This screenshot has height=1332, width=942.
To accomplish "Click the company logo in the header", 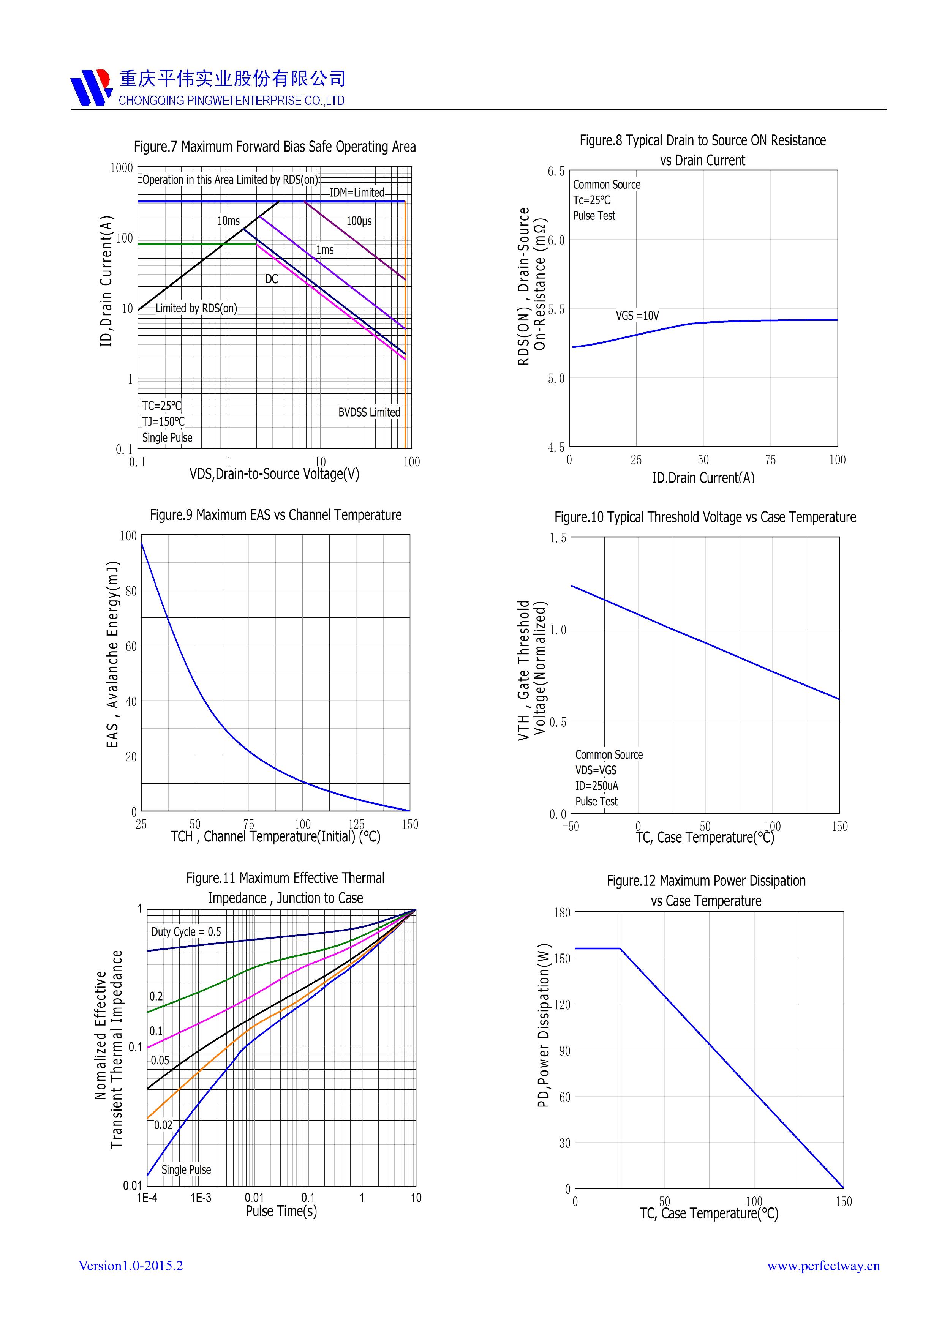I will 91,88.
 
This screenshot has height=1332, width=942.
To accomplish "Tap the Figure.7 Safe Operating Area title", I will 275,147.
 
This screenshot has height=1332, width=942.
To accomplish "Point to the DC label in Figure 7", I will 271,279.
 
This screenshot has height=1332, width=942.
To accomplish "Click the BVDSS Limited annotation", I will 369,412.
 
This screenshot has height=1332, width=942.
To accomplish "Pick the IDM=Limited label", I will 357,192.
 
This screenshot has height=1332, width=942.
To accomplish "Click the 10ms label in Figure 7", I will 228,221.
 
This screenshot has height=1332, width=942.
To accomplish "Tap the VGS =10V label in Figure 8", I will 637,316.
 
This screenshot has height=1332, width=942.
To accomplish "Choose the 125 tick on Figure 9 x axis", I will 356,824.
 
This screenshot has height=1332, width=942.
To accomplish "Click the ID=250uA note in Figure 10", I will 597,786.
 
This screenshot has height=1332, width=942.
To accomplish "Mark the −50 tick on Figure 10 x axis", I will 571,826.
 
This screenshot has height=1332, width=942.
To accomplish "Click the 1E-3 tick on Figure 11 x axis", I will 201,1198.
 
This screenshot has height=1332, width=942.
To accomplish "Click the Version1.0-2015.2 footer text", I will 131,1265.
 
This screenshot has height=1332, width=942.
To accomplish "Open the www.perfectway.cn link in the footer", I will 823,1266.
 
